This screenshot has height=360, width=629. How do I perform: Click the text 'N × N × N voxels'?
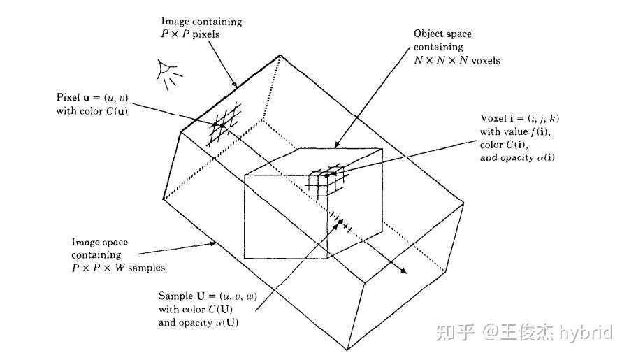(x=456, y=60)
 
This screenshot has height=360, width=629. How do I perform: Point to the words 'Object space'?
(x=443, y=34)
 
